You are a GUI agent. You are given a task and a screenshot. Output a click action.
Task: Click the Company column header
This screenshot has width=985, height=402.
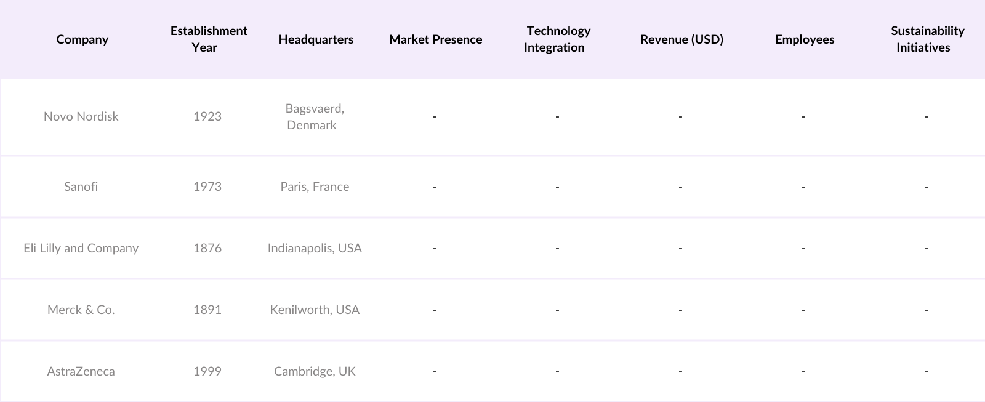click(82, 39)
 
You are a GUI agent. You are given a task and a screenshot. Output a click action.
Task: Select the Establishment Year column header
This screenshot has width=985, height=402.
click(209, 39)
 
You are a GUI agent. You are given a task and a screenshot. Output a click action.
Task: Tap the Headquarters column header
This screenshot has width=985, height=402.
click(316, 39)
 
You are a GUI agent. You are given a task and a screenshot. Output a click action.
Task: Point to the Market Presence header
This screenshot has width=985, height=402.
click(435, 39)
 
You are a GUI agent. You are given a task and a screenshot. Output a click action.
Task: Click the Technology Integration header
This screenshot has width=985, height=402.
click(557, 39)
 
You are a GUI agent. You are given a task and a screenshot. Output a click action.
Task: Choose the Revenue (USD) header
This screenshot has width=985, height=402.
click(681, 39)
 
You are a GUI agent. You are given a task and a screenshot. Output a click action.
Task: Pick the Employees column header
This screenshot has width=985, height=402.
click(805, 39)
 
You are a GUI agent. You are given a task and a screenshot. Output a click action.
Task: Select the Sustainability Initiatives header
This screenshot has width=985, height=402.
click(927, 39)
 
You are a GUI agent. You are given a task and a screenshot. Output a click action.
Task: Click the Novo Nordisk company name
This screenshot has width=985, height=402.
click(81, 116)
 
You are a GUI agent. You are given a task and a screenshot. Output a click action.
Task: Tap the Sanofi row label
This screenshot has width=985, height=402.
click(81, 187)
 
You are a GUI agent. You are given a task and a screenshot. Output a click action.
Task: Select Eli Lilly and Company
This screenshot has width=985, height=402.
click(81, 248)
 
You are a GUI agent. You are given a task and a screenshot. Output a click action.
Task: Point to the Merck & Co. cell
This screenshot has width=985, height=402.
click(81, 310)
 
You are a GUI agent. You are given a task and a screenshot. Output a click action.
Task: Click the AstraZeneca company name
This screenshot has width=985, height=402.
click(81, 371)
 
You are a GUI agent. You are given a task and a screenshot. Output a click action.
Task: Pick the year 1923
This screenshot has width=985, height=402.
click(207, 116)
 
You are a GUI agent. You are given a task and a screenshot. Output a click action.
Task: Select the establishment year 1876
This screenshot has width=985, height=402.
click(207, 248)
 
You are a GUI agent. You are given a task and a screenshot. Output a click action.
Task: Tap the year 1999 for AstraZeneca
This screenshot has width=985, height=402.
click(207, 371)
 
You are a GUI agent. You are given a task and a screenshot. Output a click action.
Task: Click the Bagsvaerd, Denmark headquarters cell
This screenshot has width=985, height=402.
click(314, 116)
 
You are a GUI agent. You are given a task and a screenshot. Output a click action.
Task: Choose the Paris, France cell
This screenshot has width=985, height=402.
click(315, 187)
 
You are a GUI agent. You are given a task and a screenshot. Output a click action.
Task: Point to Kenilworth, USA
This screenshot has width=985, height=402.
click(315, 310)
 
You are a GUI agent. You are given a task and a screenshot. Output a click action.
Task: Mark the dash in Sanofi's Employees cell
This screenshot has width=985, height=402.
click(803, 187)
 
